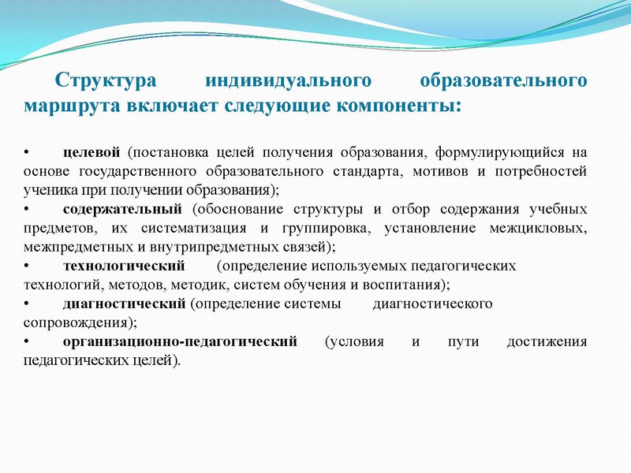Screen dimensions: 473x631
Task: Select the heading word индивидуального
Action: (x=288, y=81)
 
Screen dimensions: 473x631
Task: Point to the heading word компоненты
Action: (x=395, y=105)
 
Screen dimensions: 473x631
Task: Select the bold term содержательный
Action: (x=121, y=209)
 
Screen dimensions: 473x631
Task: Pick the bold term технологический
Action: (x=123, y=266)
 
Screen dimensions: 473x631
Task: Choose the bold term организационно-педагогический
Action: (x=180, y=342)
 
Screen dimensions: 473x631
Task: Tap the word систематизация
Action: (x=192, y=228)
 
